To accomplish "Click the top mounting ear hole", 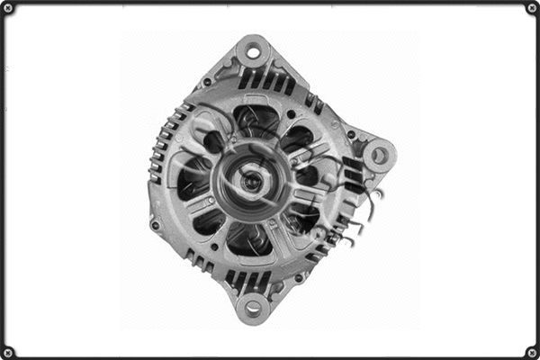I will pyautogui.click(x=253, y=51).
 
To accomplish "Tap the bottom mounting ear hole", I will pyautogui.click(x=253, y=308).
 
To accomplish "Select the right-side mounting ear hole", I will pyautogui.click(x=379, y=155).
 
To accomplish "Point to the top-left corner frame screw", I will pyautogui.click(x=8, y=8).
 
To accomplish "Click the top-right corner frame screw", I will pyautogui.click(x=532, y=8).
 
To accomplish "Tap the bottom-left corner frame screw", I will pyautogui.click(x=8, y=352).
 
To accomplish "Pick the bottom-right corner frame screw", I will pyautogui.click(x=532, y=352).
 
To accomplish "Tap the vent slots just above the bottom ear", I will pyautogui.click(x=247, y=278).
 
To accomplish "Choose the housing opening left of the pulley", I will pyautogui.click(x=192, y=181).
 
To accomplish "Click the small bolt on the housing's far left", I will pyautogui.click(x=155, y=224).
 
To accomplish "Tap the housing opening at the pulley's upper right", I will pyautogui.click(x=297, y=139).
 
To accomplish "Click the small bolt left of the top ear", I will pyautogui.click(x=207, y=82).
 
